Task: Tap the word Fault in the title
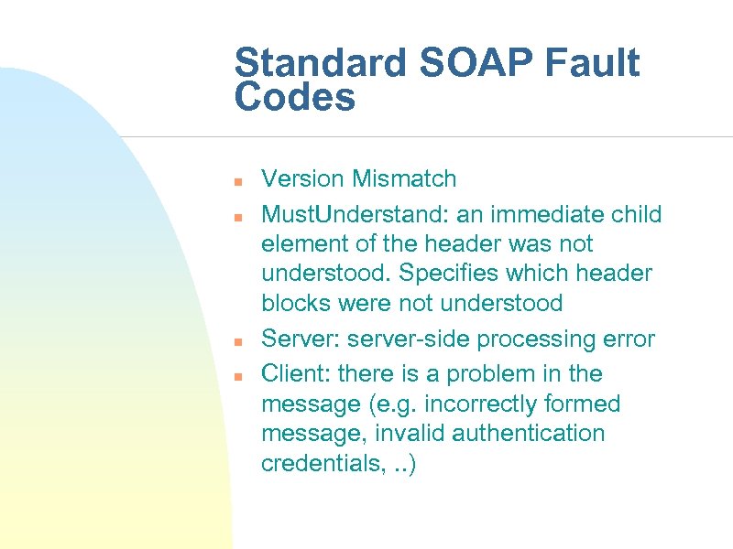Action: tap(595, 64)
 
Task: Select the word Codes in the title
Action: tap(294, 98)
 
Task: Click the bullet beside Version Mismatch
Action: tap(236, 180)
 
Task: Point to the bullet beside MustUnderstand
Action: tap(236, 218)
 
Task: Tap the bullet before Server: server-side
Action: tap(236, 342)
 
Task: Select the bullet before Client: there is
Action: tap(236, 376)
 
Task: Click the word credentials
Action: tap(317, 463)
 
